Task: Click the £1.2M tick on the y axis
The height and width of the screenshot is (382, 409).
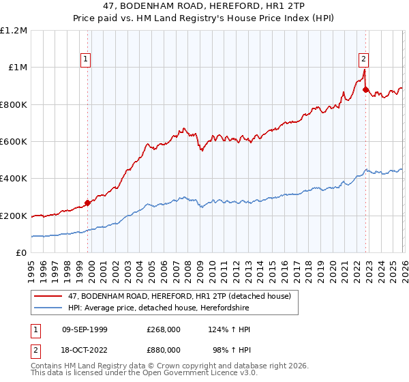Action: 14,31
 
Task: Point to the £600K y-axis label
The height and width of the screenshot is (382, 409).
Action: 14,142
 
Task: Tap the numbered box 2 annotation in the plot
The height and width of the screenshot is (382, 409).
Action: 364,59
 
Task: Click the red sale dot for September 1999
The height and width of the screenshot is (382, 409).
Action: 88,203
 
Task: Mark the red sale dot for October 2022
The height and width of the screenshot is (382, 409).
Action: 366,89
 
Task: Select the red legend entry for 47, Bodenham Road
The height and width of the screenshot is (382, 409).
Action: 179,296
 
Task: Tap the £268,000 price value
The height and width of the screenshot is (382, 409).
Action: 164,329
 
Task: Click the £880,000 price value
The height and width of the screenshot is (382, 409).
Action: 164,349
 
